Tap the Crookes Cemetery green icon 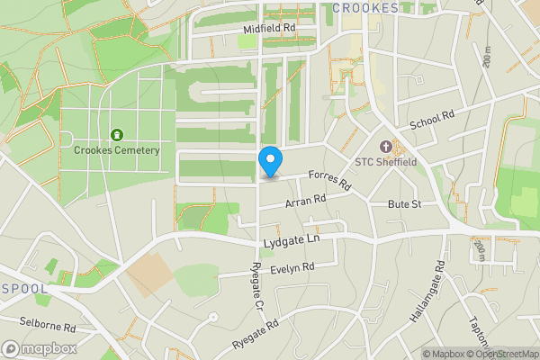tap(116, 135)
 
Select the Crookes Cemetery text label tap(117, 150)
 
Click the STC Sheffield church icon tap(386, 147)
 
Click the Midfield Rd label tap(269, 30)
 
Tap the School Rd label tap(433, 118)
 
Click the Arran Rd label tap(305, 202)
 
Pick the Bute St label tap(405, 205)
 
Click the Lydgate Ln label tap(293, 243)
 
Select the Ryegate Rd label tap(256, 332)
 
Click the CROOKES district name tap(365, 8)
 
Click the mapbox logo tap(38, 348)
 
